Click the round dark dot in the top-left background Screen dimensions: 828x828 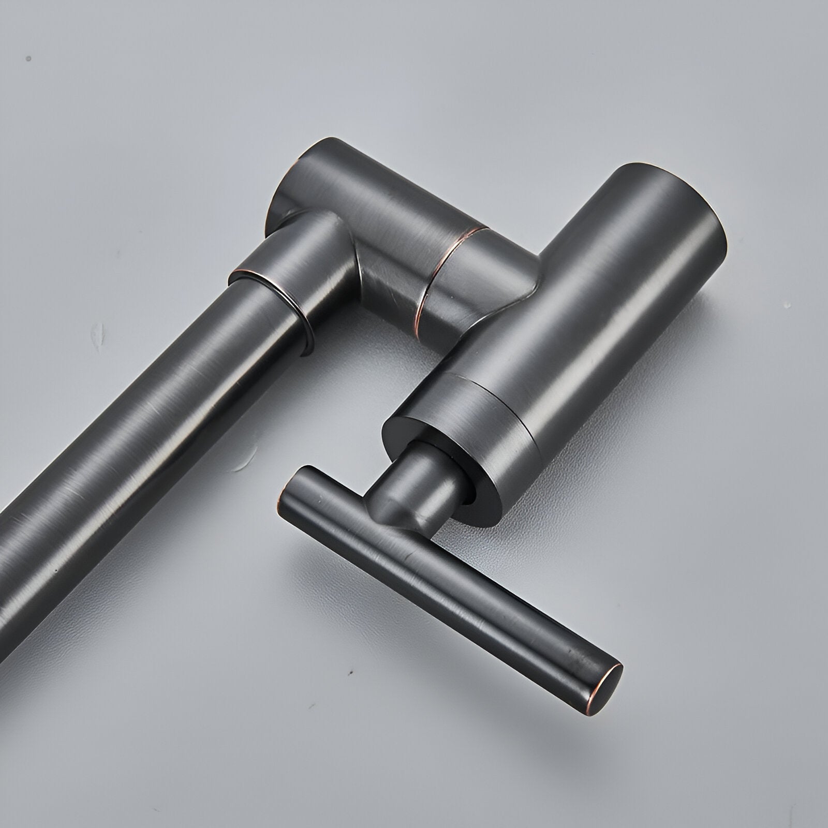pos(29,58)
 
